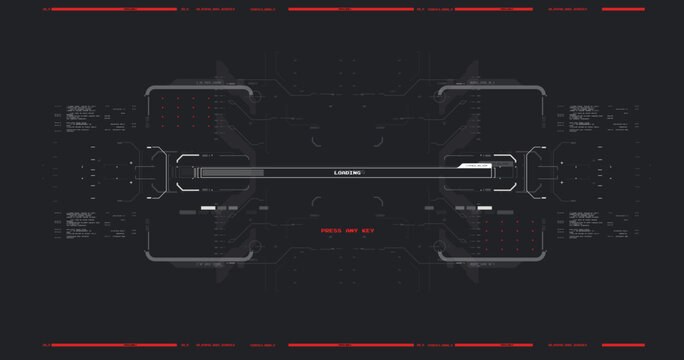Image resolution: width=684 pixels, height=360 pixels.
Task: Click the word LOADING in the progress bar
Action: pos(347,173)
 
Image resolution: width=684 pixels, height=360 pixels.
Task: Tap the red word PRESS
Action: pos(332,231)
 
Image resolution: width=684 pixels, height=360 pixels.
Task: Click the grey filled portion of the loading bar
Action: pos(232,173)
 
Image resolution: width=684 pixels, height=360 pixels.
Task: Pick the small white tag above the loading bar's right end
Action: pos(471,164)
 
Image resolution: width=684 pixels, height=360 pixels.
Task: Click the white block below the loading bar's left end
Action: pos(207,208)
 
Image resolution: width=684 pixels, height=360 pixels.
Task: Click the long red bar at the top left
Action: pos(110,10)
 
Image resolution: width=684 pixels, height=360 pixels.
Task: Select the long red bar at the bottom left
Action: pos(110,345)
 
